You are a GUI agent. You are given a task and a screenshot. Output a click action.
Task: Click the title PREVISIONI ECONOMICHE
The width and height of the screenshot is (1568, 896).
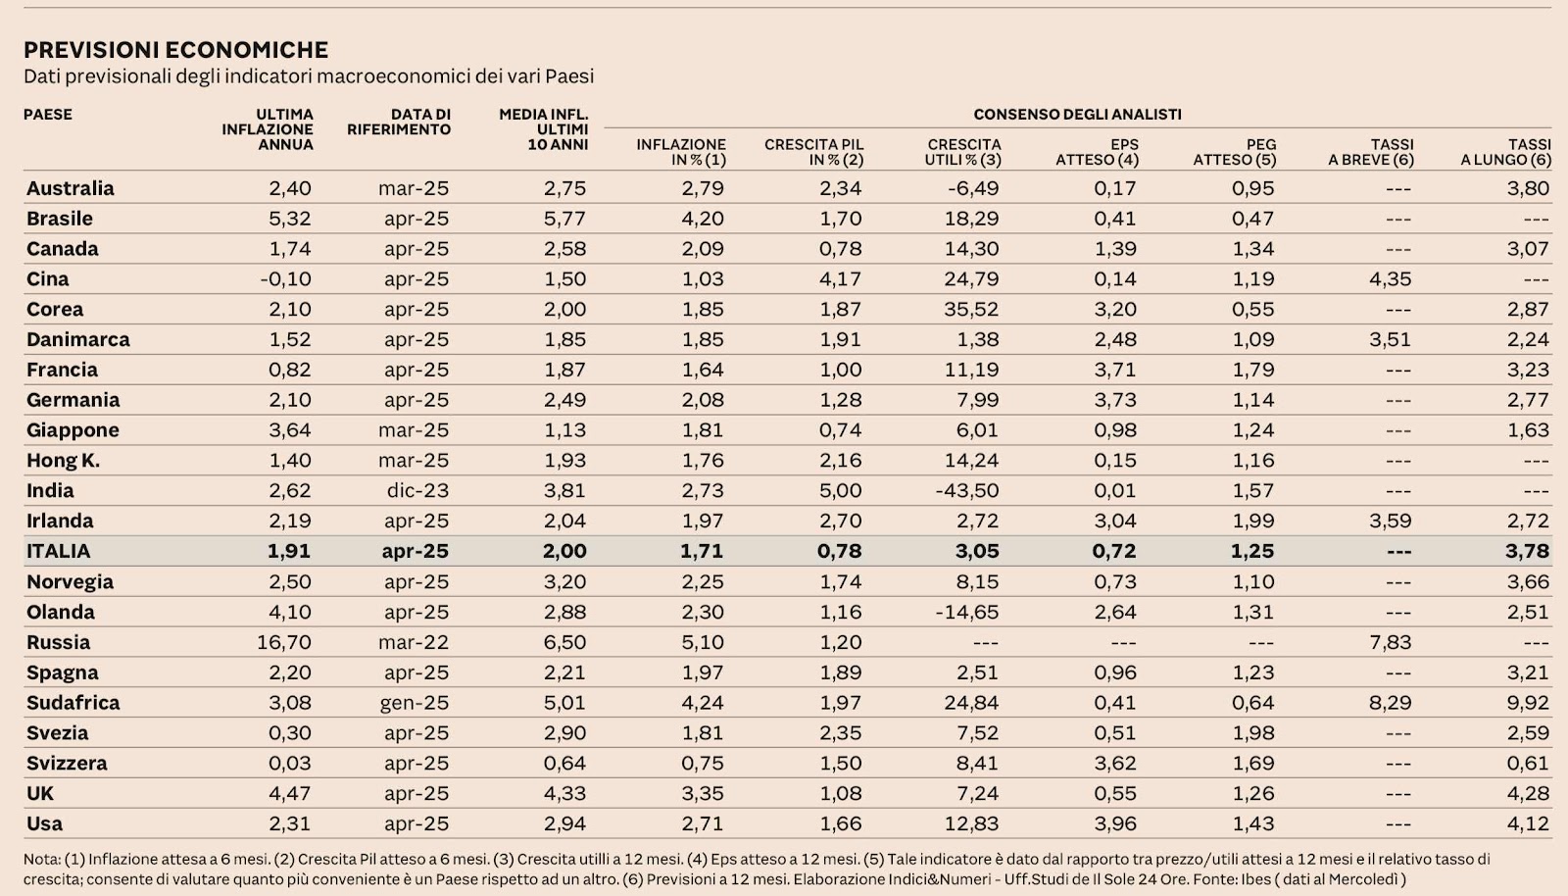(175, 49)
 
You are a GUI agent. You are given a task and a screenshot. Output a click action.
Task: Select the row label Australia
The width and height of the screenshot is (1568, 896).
(70, 188)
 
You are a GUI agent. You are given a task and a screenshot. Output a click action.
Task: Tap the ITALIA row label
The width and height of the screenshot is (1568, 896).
(58, 551)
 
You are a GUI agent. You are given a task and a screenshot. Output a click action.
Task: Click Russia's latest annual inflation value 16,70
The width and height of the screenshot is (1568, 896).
(284, 642)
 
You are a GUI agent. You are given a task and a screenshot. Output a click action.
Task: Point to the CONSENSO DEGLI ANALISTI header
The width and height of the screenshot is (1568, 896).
(1077, 114)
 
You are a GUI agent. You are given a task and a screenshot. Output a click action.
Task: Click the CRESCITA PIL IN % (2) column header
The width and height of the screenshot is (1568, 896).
(813, 151)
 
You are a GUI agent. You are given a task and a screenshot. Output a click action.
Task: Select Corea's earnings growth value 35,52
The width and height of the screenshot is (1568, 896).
(971, 309)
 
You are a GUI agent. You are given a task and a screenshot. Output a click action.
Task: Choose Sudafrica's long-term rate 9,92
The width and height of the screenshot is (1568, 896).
(1529, 703)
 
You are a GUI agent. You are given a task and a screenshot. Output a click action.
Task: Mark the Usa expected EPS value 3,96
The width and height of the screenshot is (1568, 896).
(1115, 823)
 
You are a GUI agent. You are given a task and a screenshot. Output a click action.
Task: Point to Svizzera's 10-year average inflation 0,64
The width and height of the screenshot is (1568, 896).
(564, 763)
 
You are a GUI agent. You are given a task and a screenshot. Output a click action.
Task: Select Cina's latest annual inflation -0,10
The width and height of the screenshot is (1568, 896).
(285, 278)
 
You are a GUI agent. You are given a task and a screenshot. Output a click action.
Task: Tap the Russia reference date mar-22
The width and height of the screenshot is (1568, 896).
(414, 642)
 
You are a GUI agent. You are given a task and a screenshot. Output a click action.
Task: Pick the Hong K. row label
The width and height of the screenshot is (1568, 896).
(63, 460)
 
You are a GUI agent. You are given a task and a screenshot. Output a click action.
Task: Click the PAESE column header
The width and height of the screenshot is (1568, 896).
(48, 114)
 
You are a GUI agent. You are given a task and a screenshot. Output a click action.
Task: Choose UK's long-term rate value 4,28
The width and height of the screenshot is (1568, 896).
(1529, 793)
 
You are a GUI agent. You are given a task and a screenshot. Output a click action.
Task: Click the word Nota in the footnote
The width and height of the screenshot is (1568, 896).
(41, 860)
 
